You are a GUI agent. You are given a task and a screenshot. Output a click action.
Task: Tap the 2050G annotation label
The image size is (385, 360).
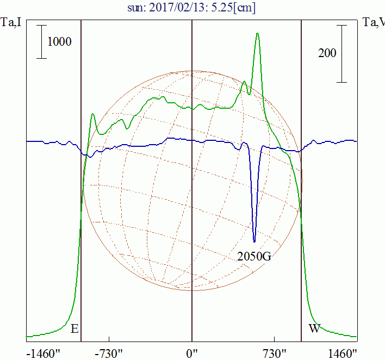pos(254,257)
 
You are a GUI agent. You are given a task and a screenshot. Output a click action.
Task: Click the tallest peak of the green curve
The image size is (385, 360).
pos(257,34)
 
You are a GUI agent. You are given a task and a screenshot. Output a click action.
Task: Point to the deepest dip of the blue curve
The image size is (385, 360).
pos(254,241)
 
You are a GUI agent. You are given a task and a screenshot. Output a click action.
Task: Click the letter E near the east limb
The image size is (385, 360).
pos(75,328)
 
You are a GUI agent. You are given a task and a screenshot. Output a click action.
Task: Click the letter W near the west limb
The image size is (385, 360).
pos(314,328)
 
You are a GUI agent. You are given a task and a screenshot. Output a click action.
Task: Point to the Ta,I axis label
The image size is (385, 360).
pos(11,22)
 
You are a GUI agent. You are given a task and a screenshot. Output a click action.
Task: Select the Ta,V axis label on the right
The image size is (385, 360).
pos(373,22)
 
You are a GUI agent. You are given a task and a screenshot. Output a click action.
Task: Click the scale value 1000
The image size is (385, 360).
pos(59,42)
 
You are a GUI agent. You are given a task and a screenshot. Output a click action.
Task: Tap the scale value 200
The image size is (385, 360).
pos(327,53)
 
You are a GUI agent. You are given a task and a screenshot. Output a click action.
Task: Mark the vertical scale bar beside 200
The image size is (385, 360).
pos(341,53)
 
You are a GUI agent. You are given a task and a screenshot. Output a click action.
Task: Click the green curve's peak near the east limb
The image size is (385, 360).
pos(93,114)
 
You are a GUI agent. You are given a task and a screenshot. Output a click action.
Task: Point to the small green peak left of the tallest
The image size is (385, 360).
pos(245,82)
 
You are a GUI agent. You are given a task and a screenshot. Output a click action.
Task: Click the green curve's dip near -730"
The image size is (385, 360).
pos(127,128)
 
